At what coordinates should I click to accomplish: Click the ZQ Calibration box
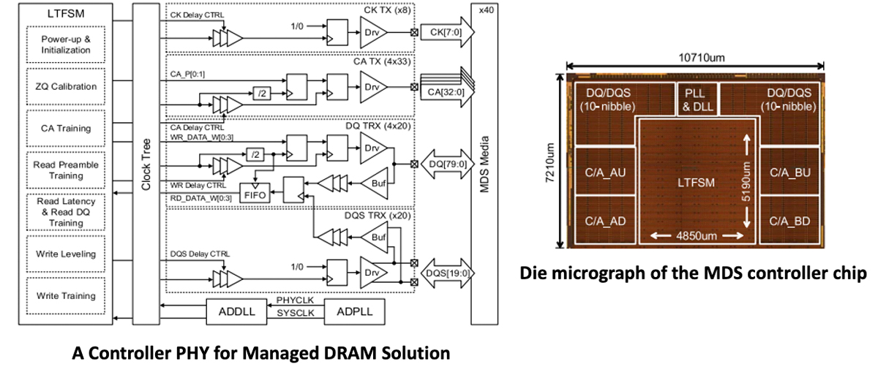(66, 86)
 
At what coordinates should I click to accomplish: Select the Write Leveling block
(66, 254)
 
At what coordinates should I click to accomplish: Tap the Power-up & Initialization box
(66, 45)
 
